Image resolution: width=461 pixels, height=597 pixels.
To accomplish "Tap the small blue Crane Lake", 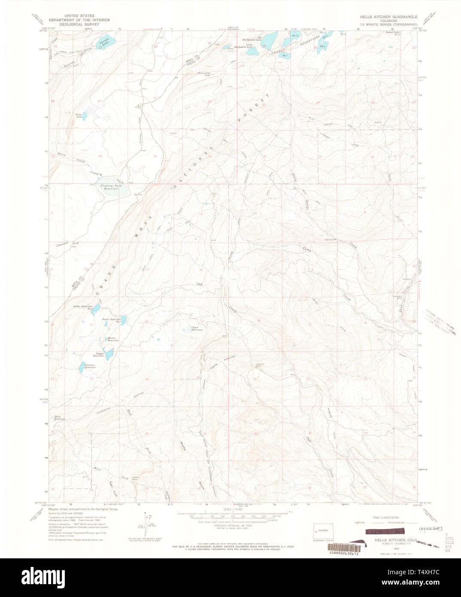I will [x=85, y=116].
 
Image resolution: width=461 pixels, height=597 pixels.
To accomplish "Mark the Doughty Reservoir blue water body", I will [x=109, y=354].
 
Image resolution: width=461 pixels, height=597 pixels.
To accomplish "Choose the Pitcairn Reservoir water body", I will [x=82, y=366].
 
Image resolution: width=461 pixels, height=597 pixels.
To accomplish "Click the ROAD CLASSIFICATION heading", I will [x=386, y=518].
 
